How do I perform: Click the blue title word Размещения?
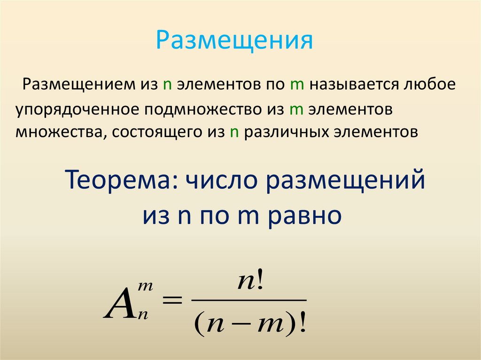234,41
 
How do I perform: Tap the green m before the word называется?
295,85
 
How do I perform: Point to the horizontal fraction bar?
249,300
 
